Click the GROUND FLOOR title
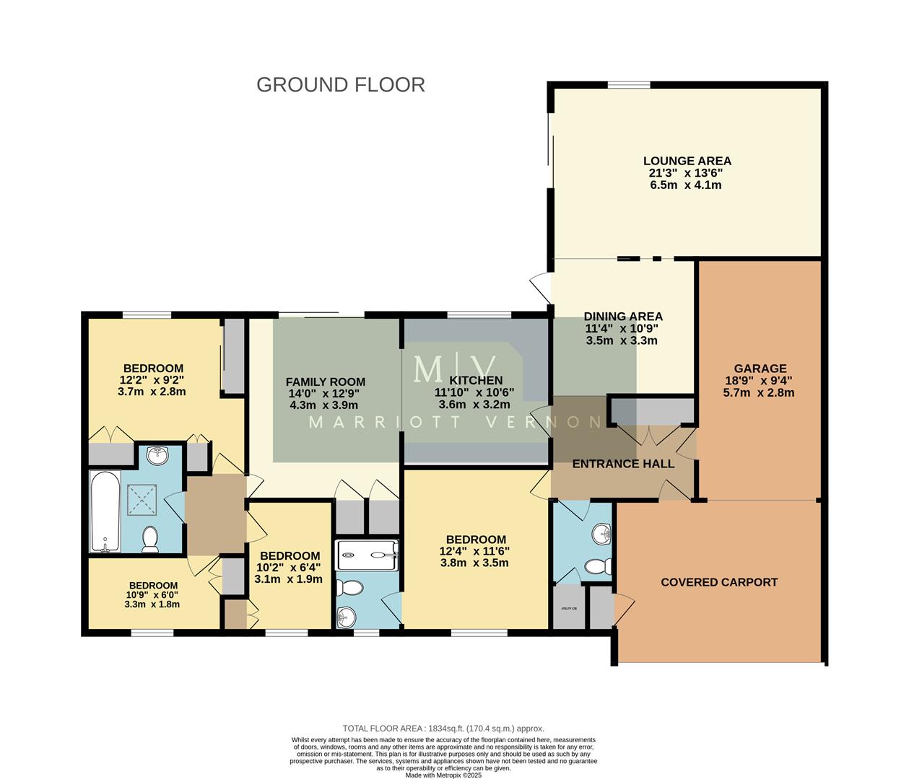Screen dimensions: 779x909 pyautogui.click(x=340, y=84)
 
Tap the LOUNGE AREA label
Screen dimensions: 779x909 pyautogui.click(x=687, y=161)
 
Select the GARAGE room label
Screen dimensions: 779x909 pyautogui.click(x=760, y=368)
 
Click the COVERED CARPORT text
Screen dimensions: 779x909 pyautogui.click(x=719, y=582)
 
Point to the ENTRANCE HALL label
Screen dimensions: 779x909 pyautogui.click(x=623, y=464)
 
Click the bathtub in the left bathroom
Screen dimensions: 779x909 pyautogui.click(x=105, y=511)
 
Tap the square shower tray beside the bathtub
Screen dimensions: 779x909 pyautogui.click(x=142, y=499)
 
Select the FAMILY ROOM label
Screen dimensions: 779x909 pyautogui.click(x=325, y=382)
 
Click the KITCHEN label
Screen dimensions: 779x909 pyautogui.click(x=476, y=380)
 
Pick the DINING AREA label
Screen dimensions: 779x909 pyautogui.click(x=622, y=316)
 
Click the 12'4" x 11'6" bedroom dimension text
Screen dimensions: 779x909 pyautogui.click(x=475, y=551)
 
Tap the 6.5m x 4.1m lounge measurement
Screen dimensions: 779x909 pyautogui.click(x=686, y=185)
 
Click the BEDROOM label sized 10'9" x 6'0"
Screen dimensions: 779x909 pyautogui.click(x=153, y=585)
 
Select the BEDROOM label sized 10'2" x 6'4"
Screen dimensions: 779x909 pyautogui.click(x=290, y=555)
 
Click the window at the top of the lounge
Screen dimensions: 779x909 pyautogui.click(x=628, y=85)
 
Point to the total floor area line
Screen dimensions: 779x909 pyautogui.click(x=443, y=729)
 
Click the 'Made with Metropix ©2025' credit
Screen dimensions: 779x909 pyautogui.click(x=443, y=775)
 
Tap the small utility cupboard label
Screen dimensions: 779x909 pyautogui.click(x=569, y=609)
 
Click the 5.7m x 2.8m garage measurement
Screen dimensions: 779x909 pyautogui.click(x=759, y=392)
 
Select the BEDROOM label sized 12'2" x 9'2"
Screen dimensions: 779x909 pyautogui.click(x=152, y=368)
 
